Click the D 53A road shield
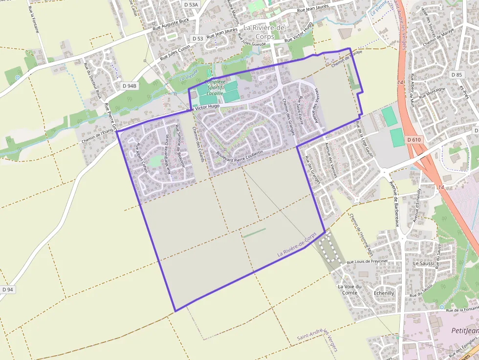[x=192, y=4]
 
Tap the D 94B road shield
[x=130, y=85]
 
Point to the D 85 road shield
[x=457, y=75]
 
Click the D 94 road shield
[x=7, y=290]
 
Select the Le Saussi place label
[x=423, y=263]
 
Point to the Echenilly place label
[x=384, y=293]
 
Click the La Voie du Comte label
[x=349, y=289]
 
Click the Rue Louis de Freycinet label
[x=367, y=262]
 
